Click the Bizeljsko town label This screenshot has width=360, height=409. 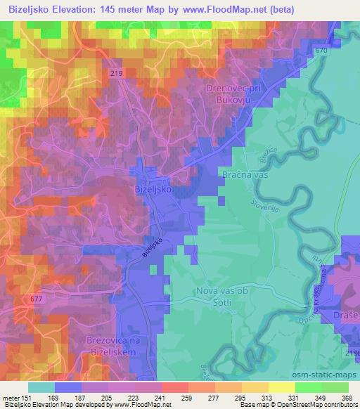pos(153,190)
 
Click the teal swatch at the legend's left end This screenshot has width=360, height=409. pos(41,387)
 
